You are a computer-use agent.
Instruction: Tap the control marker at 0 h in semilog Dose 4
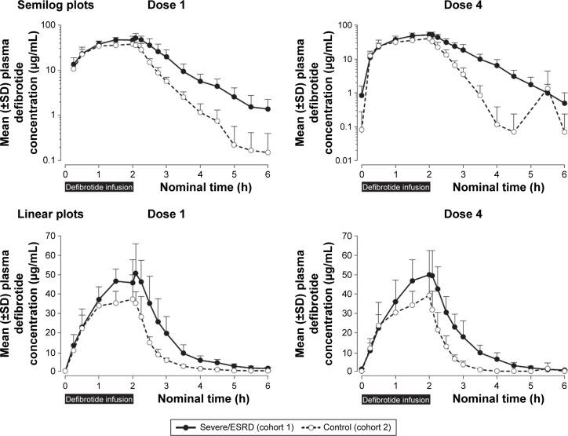pyautogui.click(x=362, y=130)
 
